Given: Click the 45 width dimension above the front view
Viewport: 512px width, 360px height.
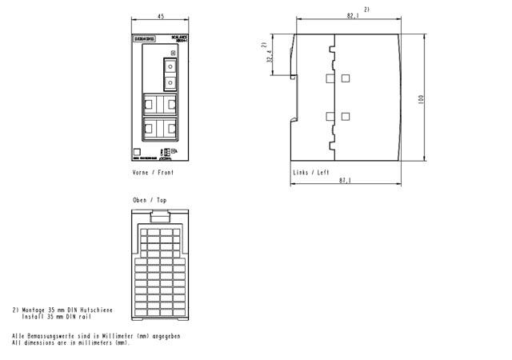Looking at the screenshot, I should (160, 17).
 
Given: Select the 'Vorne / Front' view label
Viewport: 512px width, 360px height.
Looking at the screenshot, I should (152, 172).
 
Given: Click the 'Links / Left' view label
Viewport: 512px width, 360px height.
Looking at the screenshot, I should (310, 172).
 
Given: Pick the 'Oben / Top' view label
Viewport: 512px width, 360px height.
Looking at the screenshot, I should (150, 199).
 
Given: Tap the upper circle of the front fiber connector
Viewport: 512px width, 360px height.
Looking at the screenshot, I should (170, 66).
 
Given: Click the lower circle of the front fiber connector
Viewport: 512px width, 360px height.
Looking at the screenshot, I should (170, 82).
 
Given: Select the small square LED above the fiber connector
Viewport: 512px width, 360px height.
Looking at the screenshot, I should (173, 53).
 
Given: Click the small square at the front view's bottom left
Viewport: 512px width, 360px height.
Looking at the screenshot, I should (137, 152).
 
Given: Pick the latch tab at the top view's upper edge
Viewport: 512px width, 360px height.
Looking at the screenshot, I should (161, 214).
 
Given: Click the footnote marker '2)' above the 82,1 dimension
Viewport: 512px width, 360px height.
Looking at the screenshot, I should (366, 8).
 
